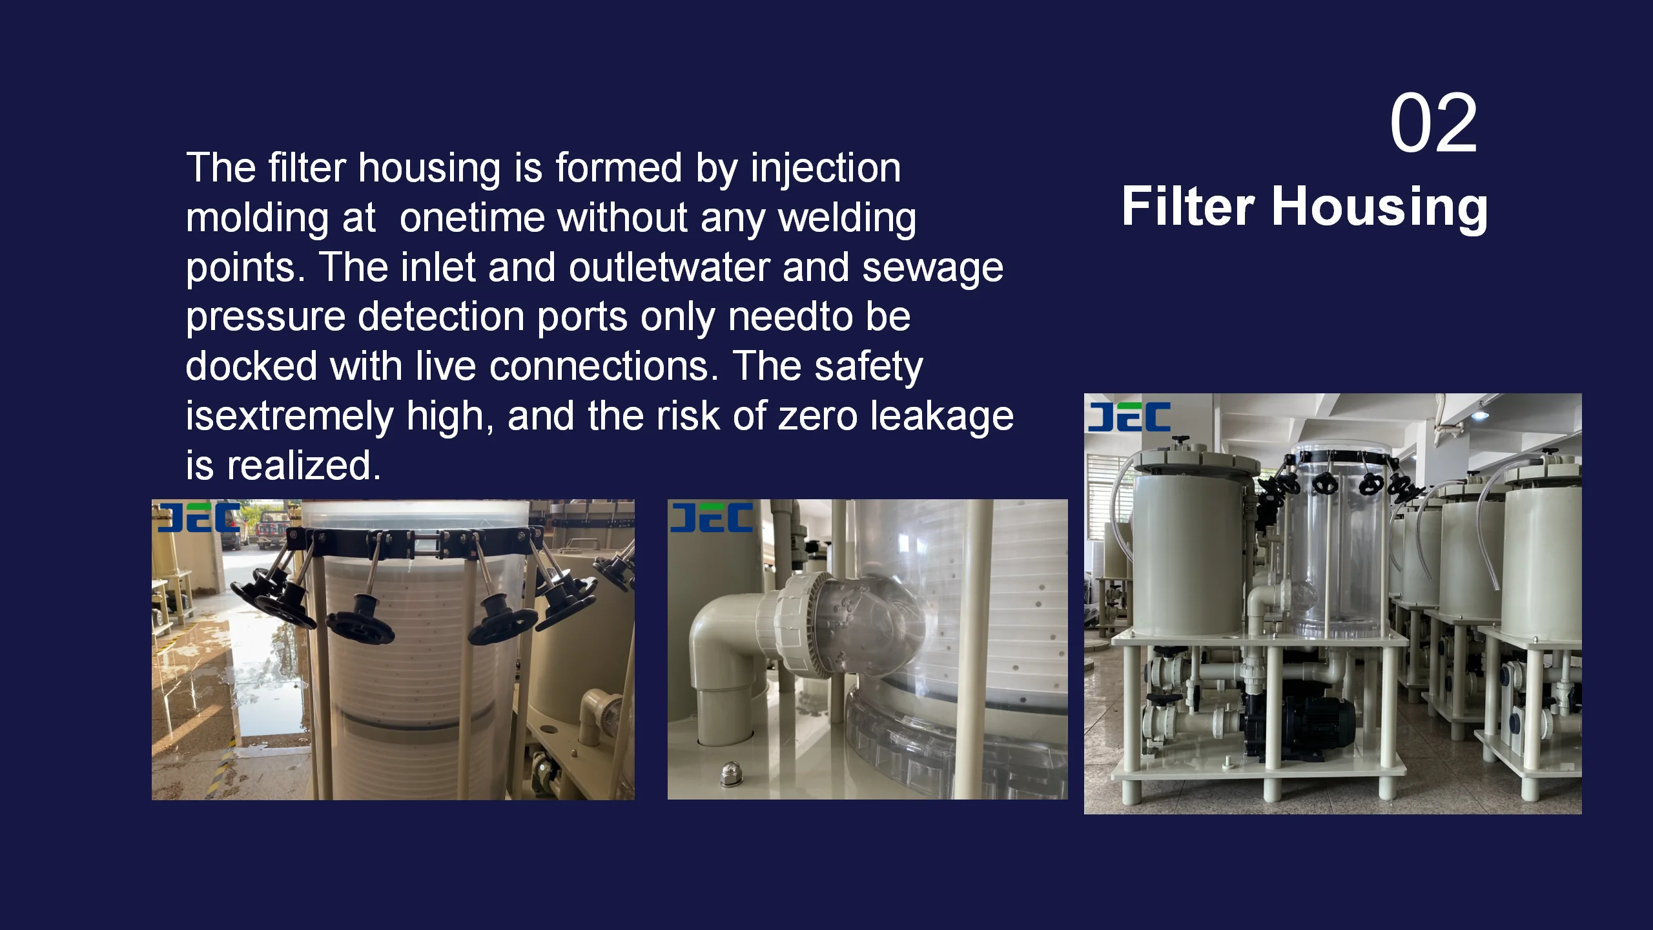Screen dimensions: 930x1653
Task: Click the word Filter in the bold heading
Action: [x=1188, y=207]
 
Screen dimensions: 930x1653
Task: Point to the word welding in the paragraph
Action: [x=847, y=218]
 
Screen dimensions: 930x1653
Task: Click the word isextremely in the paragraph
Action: [x=289, y=417]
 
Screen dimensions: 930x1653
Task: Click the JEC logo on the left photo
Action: [x=198, y=518]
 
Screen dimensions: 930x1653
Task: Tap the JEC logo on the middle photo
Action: [x=711, y=518]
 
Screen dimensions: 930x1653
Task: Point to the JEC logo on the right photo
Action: [x=1129, y=417]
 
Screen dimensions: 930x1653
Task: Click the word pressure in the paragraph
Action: [x=264, y=318]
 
